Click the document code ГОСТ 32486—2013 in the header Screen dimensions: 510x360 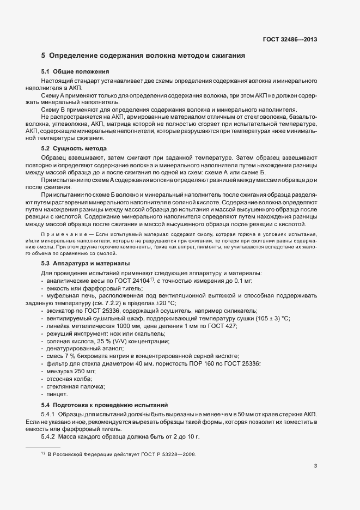[x=290, y=39]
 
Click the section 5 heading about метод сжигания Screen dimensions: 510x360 [x=143, y=55]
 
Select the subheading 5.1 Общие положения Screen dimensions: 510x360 [x=75, y=72]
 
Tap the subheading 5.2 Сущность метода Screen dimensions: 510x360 [x=74, y=148]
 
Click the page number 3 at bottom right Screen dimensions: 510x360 [x=316, y=465]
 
